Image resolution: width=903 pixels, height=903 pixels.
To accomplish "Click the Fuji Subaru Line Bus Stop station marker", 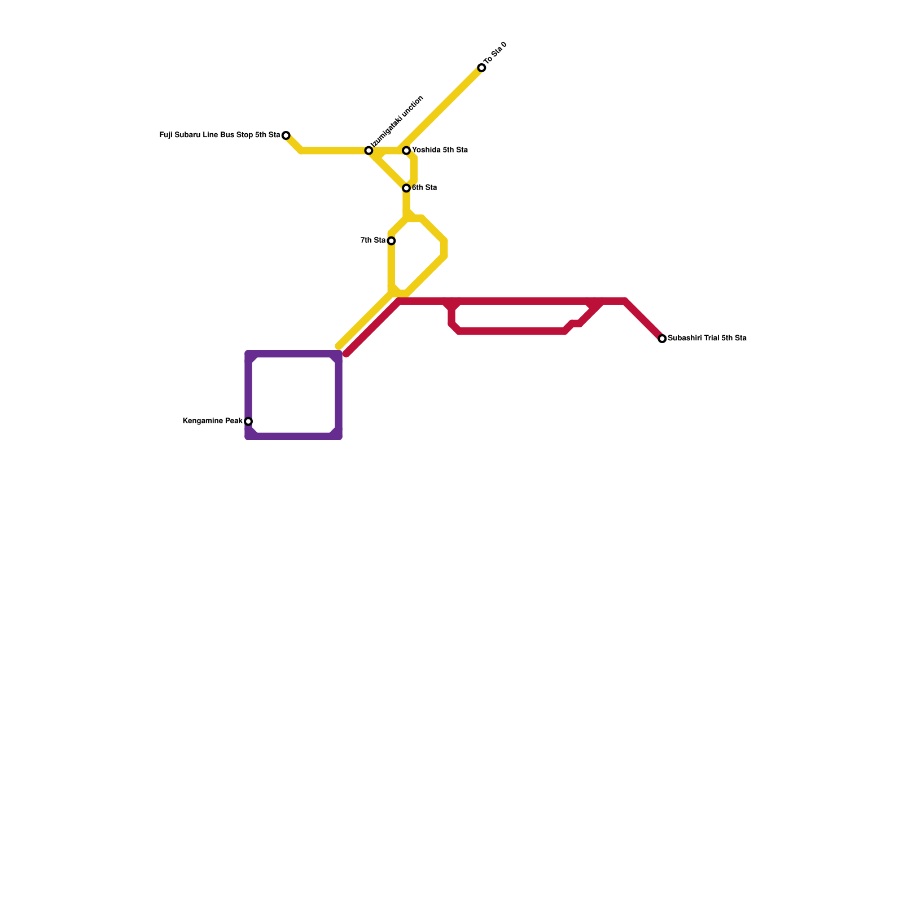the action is [286, 135].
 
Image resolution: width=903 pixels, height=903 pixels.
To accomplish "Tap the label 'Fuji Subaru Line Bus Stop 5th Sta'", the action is [220, 135].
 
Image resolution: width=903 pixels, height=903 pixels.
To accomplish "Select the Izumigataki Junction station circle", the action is [369, 151].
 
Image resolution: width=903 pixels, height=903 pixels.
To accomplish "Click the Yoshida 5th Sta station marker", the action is [406, 151].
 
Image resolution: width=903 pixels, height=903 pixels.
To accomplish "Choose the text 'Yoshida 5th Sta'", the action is [440, 151].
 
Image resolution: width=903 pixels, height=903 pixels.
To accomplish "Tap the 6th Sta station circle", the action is [406, 188].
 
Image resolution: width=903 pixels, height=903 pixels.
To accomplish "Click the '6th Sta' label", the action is [424, 188].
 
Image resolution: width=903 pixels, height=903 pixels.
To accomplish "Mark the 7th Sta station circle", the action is [391, 241].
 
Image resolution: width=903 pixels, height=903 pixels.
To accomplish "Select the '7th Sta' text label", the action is [372, 240].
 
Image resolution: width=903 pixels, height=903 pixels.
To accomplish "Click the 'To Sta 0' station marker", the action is [481, 68].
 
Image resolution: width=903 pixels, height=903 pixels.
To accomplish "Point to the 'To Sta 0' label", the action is [496, 53].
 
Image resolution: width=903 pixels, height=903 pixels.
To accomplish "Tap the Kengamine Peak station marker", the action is [248, 422].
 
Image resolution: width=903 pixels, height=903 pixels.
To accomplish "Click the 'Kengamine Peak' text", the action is [212, 421].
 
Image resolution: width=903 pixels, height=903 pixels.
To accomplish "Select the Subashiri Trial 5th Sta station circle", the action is [663, 339].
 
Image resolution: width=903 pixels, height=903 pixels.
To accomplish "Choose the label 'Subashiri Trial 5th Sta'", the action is [707, 339].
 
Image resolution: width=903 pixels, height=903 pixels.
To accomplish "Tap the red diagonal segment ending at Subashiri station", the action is [643, 319].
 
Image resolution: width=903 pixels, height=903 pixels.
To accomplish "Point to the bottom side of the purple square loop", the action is [293, 436].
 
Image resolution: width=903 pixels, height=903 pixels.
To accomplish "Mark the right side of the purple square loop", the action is [339, 395].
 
